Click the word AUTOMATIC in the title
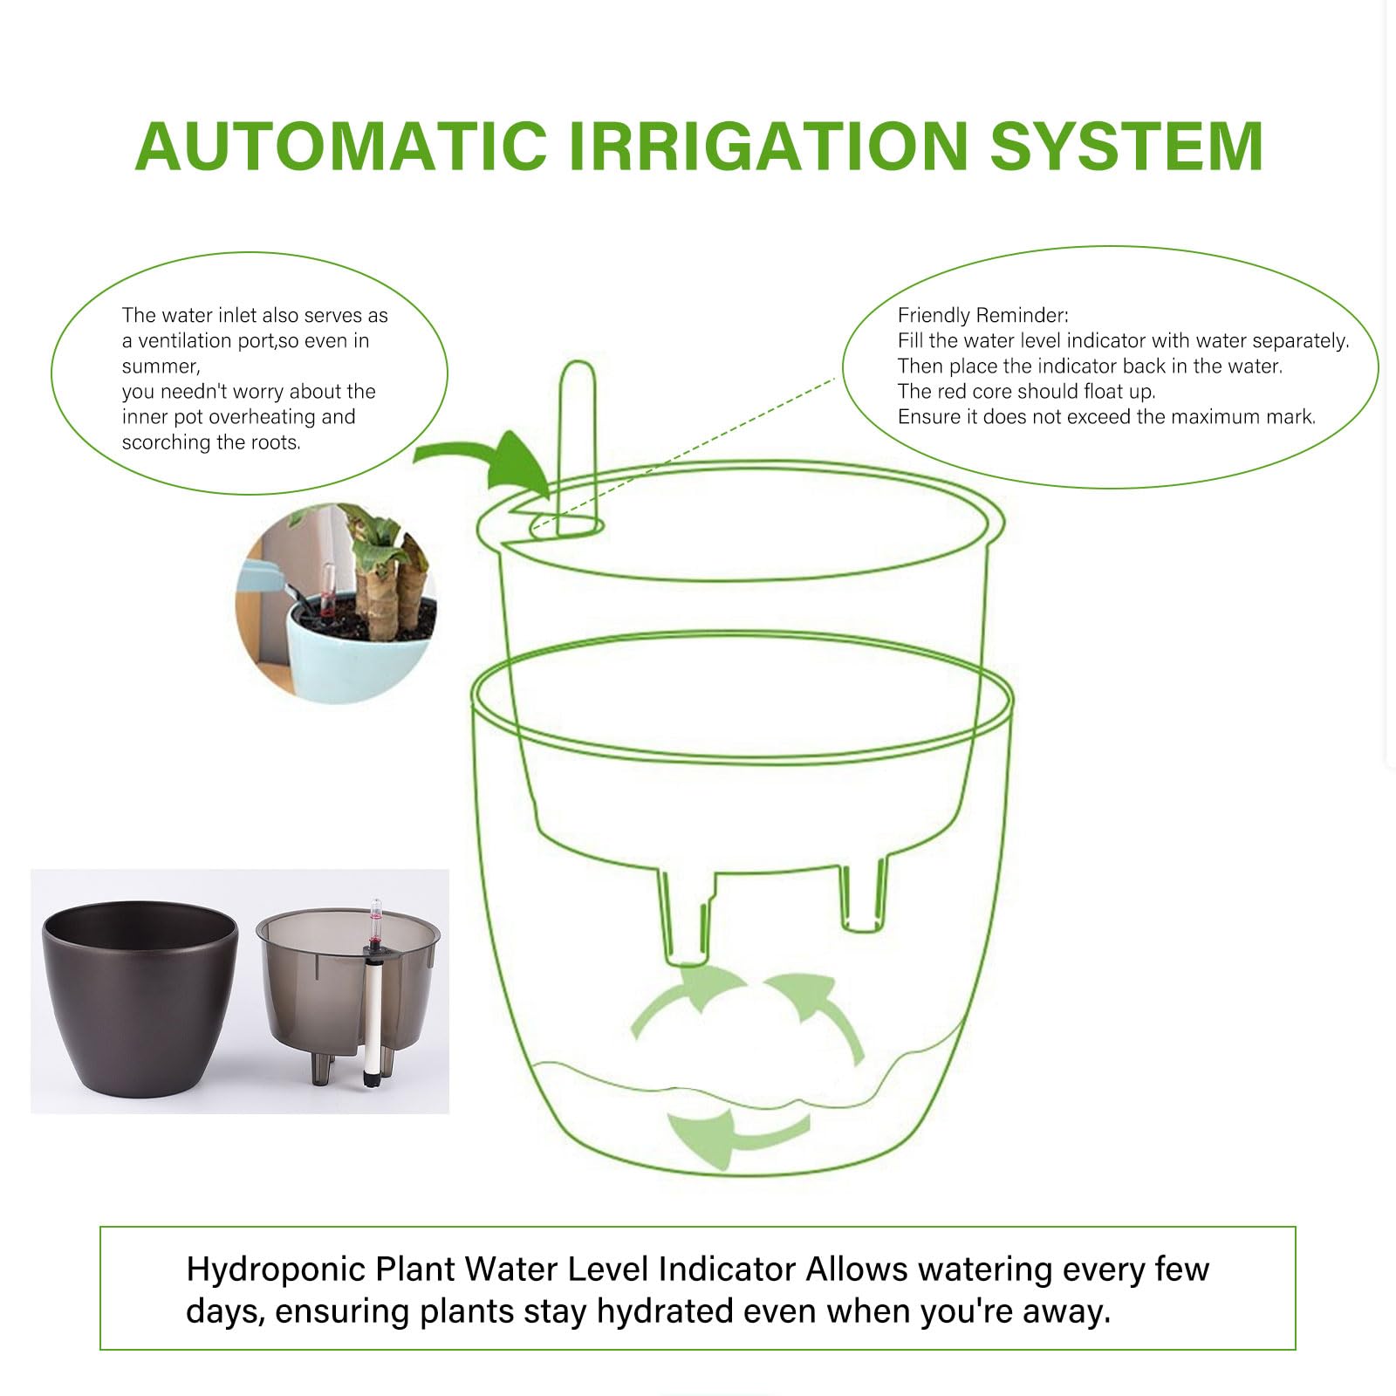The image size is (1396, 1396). [341, 145]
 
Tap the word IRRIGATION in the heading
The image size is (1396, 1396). [769, 145]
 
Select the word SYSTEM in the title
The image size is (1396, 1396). [1126, 145]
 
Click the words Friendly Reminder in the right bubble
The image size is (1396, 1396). [982, 315]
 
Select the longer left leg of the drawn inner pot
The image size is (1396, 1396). [688, 916]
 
